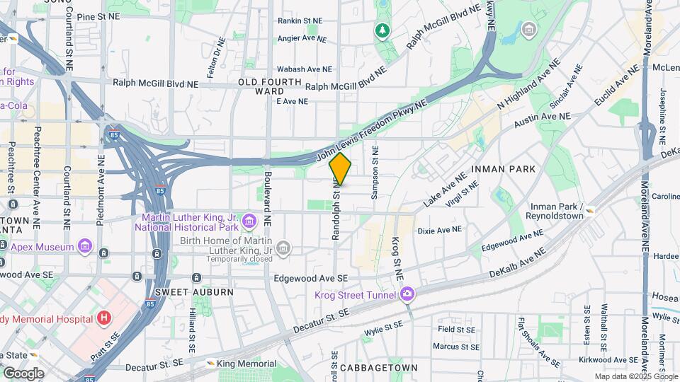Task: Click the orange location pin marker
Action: [340, 169]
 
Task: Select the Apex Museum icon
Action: [85, 247]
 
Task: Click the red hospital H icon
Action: [105, 318]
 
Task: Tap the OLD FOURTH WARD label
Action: [261, 87]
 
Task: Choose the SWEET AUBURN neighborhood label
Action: [184, 292]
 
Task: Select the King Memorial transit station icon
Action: [210, 364]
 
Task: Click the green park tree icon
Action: [382, 30]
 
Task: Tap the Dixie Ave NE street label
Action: [439, 230]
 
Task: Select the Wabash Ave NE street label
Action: [305, 69]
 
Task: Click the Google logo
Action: [23, 373]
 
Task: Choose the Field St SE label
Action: [455, 330]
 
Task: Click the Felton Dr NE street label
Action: [211, 64]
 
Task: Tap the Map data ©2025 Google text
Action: [635, 376]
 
